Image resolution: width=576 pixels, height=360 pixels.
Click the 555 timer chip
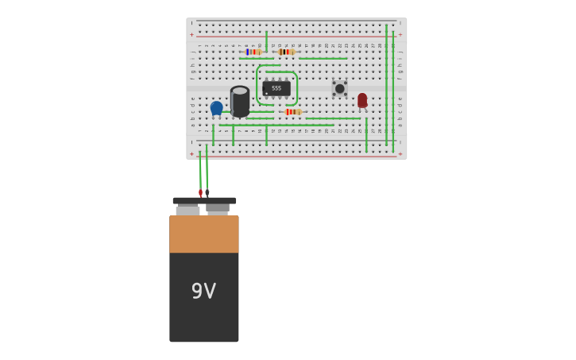[x=276, y=88]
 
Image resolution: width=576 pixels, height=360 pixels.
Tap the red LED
[x=362, y=100]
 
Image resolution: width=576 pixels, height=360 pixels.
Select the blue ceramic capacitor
[x=216, y=107]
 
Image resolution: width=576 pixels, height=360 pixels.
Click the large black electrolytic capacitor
[x=240, y=101]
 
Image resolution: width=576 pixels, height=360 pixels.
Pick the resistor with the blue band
[x=253, y=52]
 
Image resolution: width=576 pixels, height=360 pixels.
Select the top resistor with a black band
[x=286, y=52]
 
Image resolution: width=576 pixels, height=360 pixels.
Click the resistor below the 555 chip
[x=292, y=112]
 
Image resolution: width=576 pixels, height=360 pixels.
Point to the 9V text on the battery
[x=203, y=291]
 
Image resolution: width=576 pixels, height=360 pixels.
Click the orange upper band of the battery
[x=203, y=234]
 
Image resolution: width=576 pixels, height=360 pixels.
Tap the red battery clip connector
[x=200, y=192]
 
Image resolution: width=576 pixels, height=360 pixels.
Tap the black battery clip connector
[x=207, y=192]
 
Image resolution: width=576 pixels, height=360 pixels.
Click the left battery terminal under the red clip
[x=187, y=211]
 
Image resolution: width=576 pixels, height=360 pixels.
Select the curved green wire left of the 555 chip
[x=257, y=86]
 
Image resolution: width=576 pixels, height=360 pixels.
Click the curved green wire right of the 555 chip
[x=296, y=88]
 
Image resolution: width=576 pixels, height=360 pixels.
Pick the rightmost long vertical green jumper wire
[x=392, y=87]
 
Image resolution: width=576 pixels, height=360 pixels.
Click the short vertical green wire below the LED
[x=366, y=135]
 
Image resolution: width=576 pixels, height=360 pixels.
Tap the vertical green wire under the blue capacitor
[x=213, y=134]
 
